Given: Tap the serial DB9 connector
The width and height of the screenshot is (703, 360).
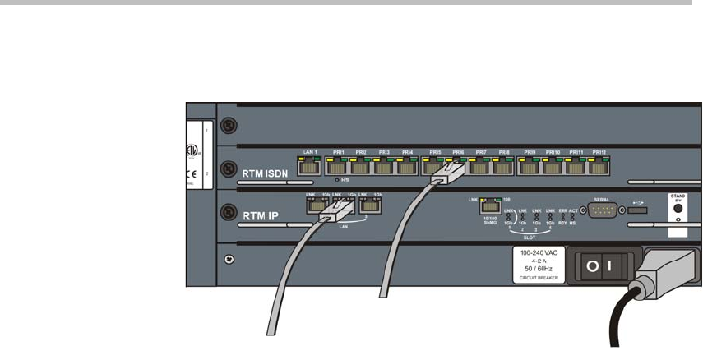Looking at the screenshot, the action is (x=602, y=210).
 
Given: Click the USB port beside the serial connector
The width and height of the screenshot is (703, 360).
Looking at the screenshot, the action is (x=639, y=211).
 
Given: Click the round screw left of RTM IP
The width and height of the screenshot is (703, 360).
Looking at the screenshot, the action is (x=226, y=210).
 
